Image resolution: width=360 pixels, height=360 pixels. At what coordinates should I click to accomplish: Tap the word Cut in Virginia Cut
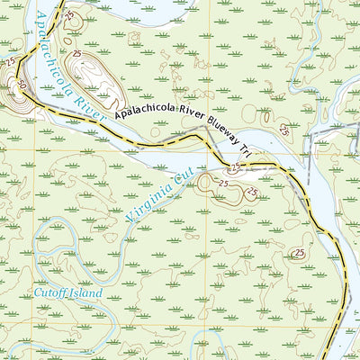click(x=184, y=181)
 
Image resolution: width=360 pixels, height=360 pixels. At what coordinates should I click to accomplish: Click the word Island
click(x=86, y=293)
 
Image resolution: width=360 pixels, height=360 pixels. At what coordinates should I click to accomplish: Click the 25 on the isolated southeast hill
click(x=298, y=255)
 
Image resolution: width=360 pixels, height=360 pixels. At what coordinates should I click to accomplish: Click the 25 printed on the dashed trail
click(x=235, y=167)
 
